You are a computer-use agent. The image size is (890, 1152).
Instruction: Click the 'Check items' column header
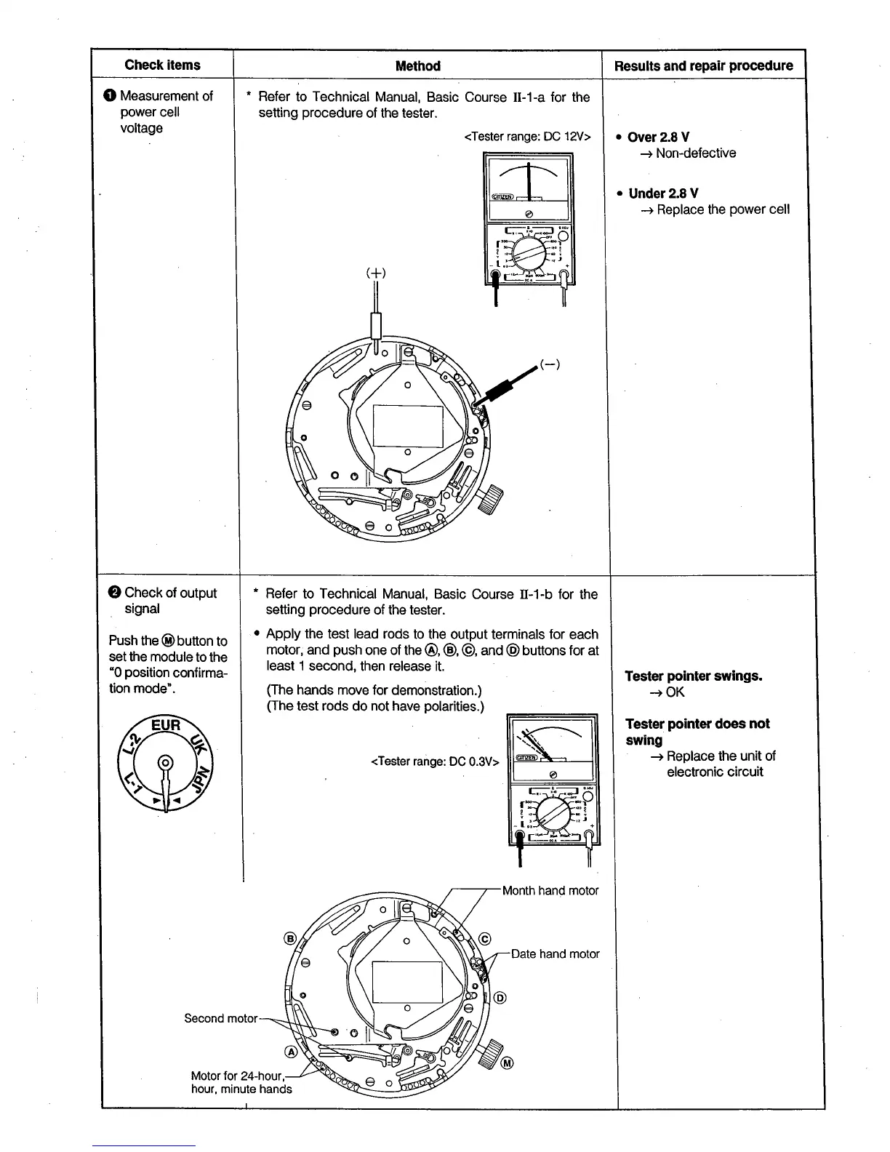coord(162,65)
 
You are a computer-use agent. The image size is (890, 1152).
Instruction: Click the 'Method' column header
coord(417,66)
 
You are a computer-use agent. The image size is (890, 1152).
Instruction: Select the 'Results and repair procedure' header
coord(703,66)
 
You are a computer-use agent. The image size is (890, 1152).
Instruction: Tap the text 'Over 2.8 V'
coord(658,137)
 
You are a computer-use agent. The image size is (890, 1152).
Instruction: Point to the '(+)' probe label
coord(375,273)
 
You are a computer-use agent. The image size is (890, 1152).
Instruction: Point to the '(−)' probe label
coord(550,364)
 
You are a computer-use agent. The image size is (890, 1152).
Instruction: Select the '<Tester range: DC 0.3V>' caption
coord(435,761)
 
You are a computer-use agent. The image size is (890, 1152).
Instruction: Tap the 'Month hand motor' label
coord(550,891)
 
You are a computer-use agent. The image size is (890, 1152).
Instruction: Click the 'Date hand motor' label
coord(555,953)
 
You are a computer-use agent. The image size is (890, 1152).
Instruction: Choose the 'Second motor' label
coord(220,1018)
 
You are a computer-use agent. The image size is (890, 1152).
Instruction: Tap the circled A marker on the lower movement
coord(291,1052)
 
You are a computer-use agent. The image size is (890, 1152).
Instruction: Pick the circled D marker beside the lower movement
coord(500,997)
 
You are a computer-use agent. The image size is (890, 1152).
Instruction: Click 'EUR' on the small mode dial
coord(166,726)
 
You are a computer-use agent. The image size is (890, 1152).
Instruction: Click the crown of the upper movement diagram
coord(494,499)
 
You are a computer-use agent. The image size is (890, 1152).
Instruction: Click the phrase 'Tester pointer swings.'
coord(694,676)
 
